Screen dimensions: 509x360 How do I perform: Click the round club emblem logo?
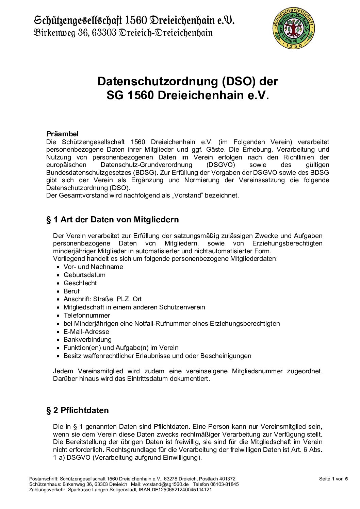pos(293,29)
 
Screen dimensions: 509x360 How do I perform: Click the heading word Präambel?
pos(62,134)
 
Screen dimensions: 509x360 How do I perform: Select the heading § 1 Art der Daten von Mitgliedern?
pos(113,220)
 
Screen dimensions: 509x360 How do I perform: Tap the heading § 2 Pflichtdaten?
pos(78,410)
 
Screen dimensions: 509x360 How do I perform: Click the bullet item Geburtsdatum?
pos(84,275)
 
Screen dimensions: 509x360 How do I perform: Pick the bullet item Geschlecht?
pos(80,283)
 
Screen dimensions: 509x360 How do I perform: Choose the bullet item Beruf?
pos(71,291)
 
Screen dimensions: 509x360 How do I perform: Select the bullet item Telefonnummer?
pos(87,315)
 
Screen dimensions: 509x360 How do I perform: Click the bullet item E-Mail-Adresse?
pos(86,332)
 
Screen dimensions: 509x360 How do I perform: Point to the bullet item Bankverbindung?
pos(87,339)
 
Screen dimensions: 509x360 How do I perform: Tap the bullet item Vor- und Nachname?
pos(93,267)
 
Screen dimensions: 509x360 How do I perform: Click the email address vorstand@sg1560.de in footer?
pos(165,484)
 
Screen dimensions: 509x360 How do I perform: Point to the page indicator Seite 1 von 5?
pos(333,479)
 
